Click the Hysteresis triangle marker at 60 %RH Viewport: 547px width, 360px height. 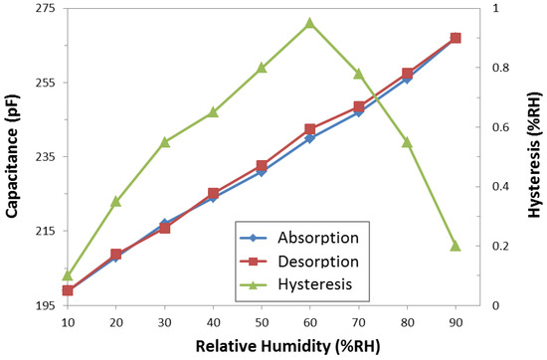[x=310, y=23]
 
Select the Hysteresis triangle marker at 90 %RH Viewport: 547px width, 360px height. [x=456, y=245]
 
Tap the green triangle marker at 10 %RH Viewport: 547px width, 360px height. [x=68, y=274]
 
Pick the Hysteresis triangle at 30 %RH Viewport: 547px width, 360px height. [x=165, y=142]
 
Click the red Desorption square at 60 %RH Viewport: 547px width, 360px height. [x=310, y=129]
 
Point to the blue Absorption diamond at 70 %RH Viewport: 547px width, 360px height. [x=359, y=111]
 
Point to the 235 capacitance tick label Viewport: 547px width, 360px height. [x=46, y=157]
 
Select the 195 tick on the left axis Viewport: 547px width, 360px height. [x=46, y=305]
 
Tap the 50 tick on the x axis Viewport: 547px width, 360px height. [x=262, y=323]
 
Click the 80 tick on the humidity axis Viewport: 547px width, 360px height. [x=407, y=323]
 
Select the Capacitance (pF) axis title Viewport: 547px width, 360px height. [x=14, y=156]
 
